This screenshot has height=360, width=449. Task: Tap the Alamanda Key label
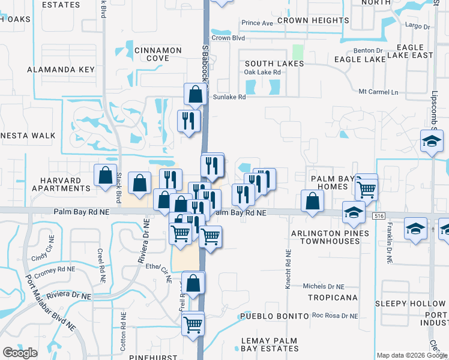pos(61,70)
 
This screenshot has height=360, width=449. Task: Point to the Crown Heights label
pos(317,20)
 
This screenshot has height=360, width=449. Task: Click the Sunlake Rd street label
pos(229,97)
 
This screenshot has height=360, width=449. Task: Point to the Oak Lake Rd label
pos(262,72)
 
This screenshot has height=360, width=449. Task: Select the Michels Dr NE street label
pos(324,287)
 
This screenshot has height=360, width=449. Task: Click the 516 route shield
pos(378,215)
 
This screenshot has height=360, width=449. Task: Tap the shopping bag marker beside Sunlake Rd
pos(195,94)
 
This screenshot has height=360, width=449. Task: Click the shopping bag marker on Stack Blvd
pos(106,175)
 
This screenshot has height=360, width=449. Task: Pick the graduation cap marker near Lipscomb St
pos(431,142)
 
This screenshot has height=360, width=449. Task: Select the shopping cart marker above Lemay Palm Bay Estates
pos(193,325)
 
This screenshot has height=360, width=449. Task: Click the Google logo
pos(20,353)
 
